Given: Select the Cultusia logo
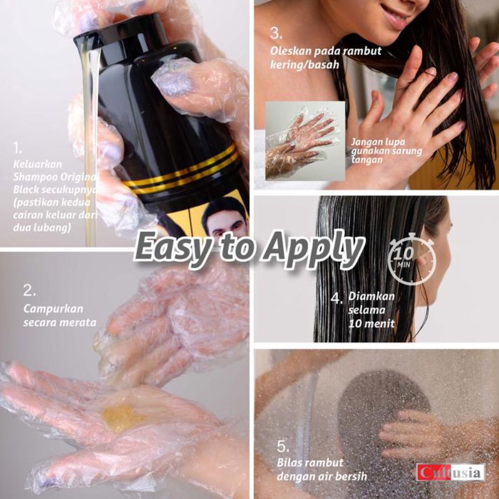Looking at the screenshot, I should click(450, 473).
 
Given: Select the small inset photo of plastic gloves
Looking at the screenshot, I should click(305, 141).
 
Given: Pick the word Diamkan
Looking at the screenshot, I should click(371, 296).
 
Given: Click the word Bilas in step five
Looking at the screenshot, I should click(289, 462).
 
